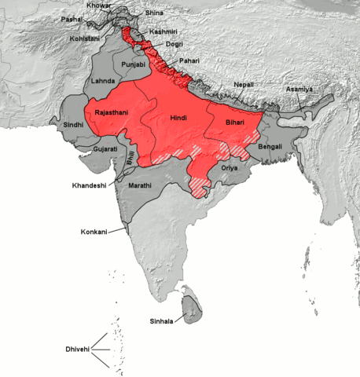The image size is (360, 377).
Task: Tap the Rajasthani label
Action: (x=112, y=112)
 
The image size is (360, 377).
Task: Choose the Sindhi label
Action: (x=72, y=124)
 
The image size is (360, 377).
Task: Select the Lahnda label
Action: (x=103, y=82)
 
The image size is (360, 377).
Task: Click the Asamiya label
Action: (x=299, y=89)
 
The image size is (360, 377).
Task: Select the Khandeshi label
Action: (x=89, y=186)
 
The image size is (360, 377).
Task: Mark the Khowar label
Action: (x=101, y=5)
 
